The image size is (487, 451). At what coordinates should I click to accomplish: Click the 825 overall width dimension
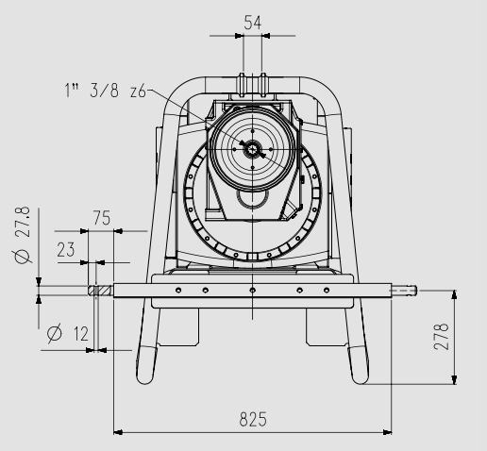click(x=253, y=419)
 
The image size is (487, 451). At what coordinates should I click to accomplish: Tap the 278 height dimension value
click(x=441, y=336)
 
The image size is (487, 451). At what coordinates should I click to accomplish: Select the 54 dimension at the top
click(x=253, y=23)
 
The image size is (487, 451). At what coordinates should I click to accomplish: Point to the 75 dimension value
click(x=102, y=218)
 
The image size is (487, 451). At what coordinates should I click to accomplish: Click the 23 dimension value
click(x=66, y=250)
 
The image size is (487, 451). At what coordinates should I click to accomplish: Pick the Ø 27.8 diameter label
click(x=23, y=235)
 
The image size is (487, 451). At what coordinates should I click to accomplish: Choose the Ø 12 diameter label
click(x=68, y=333)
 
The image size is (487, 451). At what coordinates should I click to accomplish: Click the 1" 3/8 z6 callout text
click(x=106, y=91)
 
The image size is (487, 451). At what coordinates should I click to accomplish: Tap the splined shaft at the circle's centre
click(x=252, y=149)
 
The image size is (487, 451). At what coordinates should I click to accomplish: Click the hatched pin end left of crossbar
click(x=100, y=291)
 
